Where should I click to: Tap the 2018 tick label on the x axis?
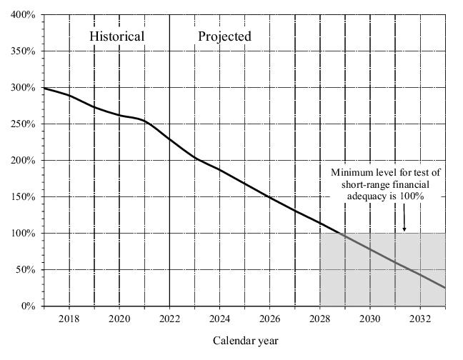(69, 318)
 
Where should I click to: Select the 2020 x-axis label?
(119, 318)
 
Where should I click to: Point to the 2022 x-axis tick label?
(169, 318)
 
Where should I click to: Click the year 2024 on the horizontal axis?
(219, 318)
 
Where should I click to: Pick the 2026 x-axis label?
(269, 318)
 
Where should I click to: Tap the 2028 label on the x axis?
(319, 318)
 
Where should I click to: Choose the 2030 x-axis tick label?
(370, 318)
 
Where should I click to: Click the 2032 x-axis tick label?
(420, 318)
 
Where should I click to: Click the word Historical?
(116, 36)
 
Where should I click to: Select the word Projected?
(224, 36)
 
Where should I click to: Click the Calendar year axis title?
(245, 341)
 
